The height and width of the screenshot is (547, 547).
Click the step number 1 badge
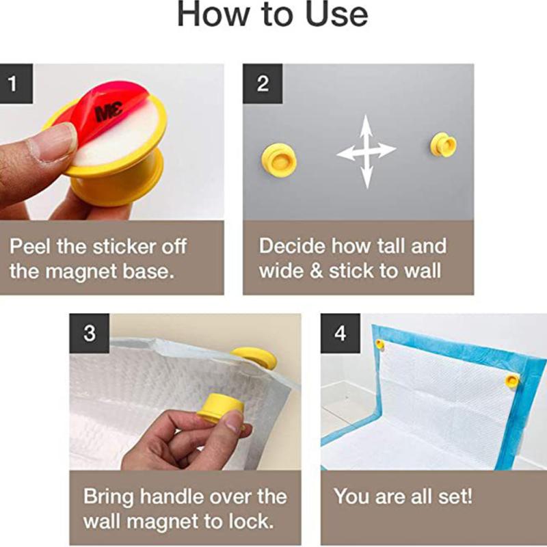(x=16, y=83)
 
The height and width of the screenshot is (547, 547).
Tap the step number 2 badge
(x=263, y=83)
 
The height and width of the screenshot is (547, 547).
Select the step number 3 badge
(x=90, y=333)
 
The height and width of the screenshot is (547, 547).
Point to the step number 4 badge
(x=341, y=333)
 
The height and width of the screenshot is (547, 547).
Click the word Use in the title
(x=336, y=14)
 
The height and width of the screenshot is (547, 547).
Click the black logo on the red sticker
(x=109, y=111)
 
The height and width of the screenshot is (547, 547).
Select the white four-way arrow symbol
(x=366, y=151)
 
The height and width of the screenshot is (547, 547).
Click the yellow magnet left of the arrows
(x=279, y=161)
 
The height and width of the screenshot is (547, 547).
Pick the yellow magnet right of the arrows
(x=443, y=144)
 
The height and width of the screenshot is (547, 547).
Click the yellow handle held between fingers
(x=220, y=408)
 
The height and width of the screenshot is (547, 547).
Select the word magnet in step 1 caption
(x=81, y=272)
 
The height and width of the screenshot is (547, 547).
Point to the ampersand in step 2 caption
(x=316, y=271)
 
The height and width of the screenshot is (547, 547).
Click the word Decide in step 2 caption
(x=292, y=246)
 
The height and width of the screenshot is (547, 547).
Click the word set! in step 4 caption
(x=455, y=496)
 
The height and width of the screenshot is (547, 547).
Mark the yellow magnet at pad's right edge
(x=512, y=380)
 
